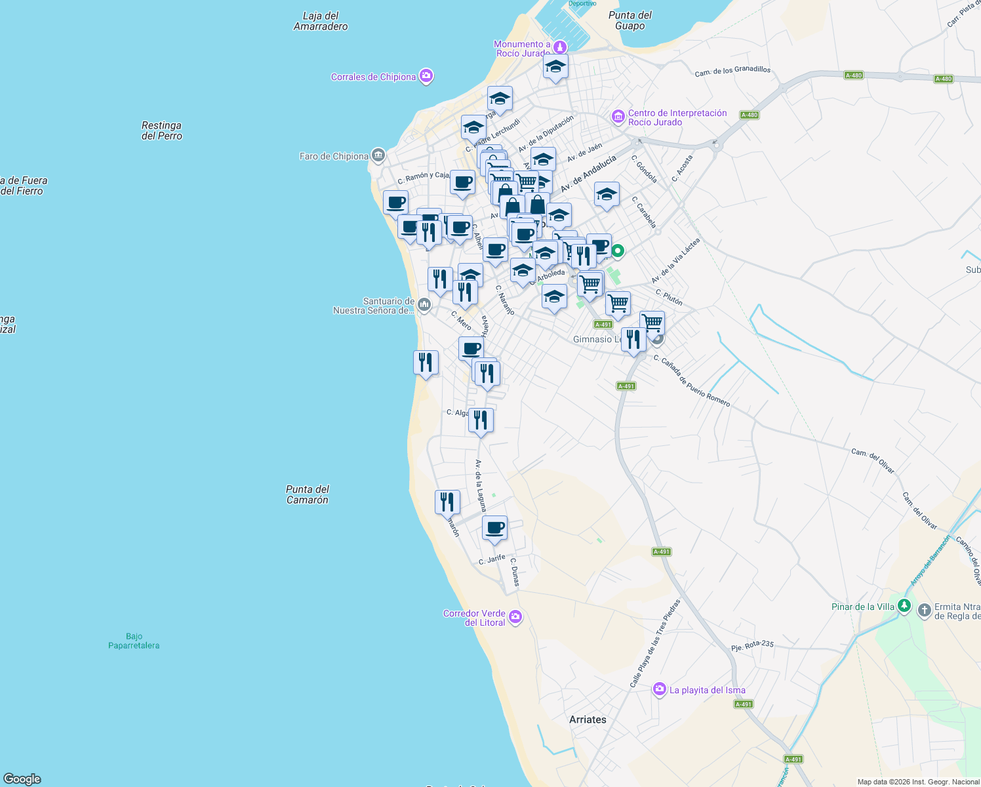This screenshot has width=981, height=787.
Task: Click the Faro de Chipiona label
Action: click(334, 156)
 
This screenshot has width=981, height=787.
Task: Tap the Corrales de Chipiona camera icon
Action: click(426, 77)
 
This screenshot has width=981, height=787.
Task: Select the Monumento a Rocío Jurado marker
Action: click(559, 47)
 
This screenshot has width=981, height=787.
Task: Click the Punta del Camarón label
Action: click(308, 494)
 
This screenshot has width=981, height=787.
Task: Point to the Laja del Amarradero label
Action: click(321, 21)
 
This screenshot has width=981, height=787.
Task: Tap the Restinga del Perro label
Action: click(162, 131)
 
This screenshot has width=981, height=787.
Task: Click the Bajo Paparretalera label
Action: click(134, 641)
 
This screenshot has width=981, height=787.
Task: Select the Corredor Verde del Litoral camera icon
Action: click(515, 616)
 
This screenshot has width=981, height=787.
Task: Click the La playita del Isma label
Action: click(707, 690)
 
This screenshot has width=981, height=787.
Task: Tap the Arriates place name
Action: click(588, 719)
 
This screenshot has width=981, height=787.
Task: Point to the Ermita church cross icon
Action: click(924, 611)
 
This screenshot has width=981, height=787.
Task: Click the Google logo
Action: click(22, 779)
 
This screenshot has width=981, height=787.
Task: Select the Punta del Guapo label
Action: click(630, 20)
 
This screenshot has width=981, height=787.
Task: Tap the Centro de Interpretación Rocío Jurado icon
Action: click(618, 117)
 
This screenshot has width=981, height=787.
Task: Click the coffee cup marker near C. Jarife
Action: click(494, 528)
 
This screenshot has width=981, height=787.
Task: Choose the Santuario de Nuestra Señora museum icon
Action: click(424, 304)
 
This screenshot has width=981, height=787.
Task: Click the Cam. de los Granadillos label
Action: click(732, 70)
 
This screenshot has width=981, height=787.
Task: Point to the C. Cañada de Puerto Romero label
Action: click(692, 380)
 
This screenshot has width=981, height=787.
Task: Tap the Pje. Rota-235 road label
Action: click(753, 646)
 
